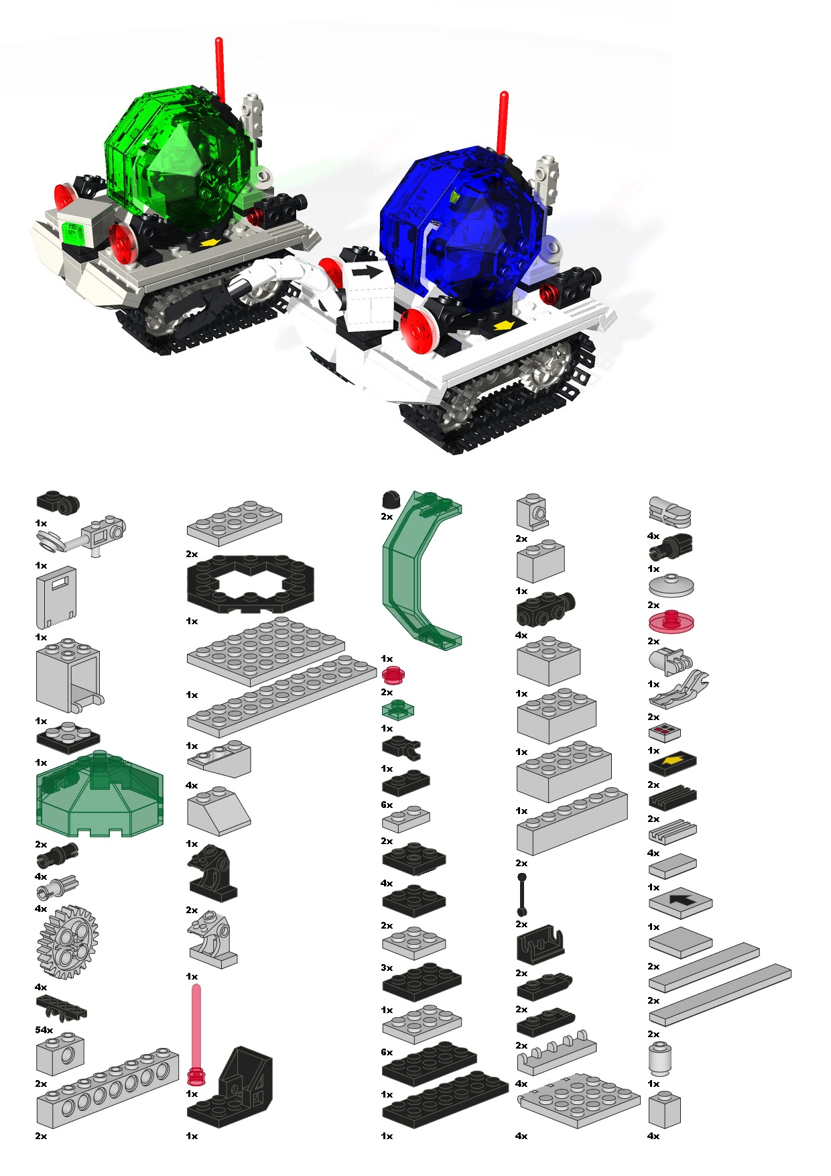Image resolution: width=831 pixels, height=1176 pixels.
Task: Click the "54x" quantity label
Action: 44,1030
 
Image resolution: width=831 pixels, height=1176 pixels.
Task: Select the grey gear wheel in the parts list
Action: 67,941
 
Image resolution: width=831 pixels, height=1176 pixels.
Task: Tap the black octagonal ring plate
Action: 250,583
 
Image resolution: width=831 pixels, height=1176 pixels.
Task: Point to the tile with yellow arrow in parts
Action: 672,762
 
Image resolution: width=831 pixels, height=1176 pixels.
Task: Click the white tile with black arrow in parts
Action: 680,902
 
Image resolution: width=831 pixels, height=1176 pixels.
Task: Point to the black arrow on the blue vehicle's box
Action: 367,272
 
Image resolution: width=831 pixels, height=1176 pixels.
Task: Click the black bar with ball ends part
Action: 521,894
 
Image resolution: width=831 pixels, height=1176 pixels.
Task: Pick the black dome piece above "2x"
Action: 390,499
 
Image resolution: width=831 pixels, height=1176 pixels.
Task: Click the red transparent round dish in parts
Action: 671,622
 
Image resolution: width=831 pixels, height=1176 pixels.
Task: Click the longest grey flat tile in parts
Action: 720,994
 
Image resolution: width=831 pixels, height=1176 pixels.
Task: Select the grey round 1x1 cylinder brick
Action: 660,1059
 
